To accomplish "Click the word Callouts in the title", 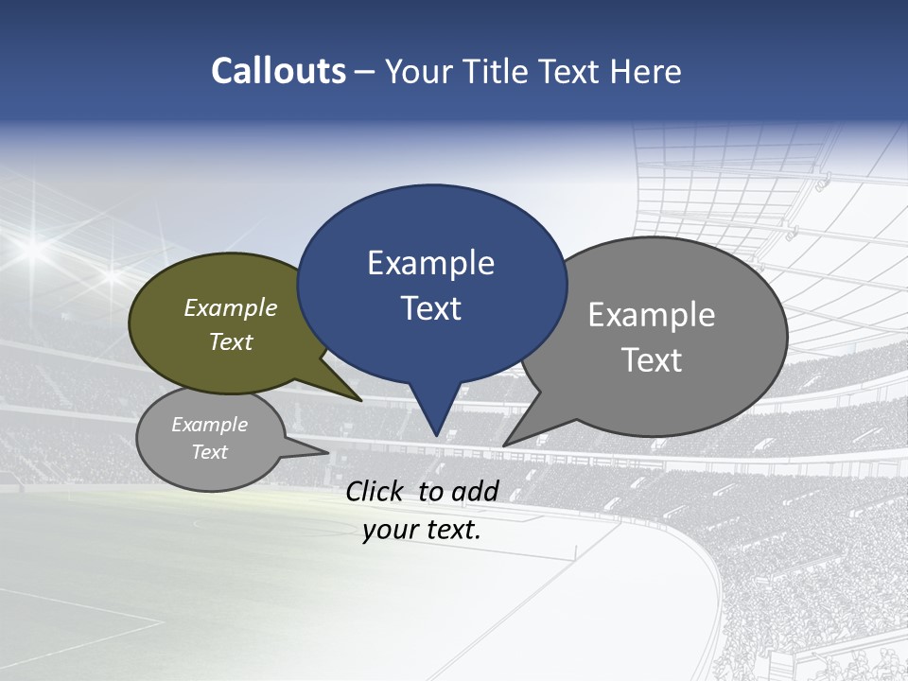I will pyautogui.click(x=279, y=71).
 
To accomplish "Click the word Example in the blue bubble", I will pyautogui.click(x=430, y=263).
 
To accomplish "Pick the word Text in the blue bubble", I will pyautogui.click(x=430, y=308).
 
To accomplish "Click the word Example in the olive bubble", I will pyautogui.click(x=230, y=307).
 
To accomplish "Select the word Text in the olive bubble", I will pyautogui.click(x=230, y=341).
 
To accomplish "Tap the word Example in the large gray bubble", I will pyautogui.click(x=651, y=315).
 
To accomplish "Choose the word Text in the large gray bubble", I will pyautogui.click(x=651, y=360).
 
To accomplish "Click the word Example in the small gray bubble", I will pyautogui.click(x=209, y=425).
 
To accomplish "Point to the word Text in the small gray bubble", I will pyautogui.click(x=209, y=452).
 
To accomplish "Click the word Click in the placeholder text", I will pyautogui.click(x=376, y=491).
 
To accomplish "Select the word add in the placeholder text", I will pyautogui.click(x=475, y=491).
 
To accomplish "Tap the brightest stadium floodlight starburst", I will pyautogui.click(x=36, y=249).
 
